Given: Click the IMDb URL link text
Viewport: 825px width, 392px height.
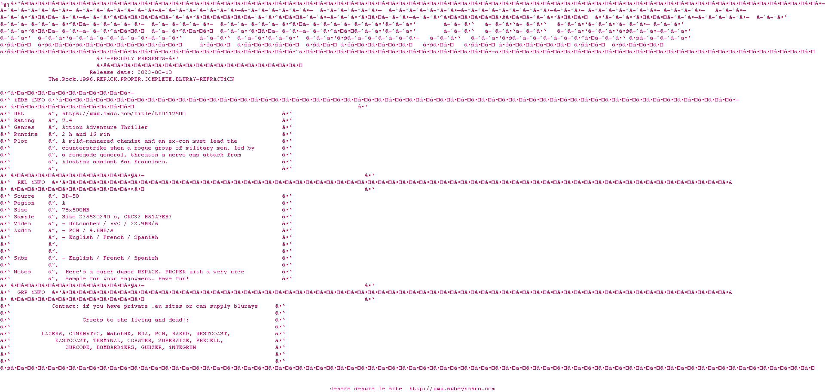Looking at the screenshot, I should pos(124,114).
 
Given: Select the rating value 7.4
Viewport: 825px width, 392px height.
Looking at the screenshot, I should pos(67,121).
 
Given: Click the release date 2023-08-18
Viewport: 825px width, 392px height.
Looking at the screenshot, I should pos(155,73).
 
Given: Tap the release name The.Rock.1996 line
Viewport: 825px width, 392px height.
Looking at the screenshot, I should pos(141,80).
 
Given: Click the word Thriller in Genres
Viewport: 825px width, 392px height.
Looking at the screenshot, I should pos(134,128).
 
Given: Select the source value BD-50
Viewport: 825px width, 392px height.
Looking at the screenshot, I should pos(70,196).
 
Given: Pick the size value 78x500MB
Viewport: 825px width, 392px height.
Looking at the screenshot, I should pos(76,210).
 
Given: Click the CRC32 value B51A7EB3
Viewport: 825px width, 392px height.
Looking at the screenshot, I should pos(158,217).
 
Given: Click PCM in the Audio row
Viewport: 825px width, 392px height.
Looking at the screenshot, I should pos(74,231).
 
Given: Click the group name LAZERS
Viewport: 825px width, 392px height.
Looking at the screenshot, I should pos(52,334).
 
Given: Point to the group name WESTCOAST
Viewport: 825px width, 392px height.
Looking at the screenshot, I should pos(213,334).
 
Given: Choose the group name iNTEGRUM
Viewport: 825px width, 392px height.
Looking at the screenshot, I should pos(182,348).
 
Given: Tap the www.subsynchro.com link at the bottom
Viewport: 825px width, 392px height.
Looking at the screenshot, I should pos(452,389).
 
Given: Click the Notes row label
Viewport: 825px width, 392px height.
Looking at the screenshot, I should pos(22,272).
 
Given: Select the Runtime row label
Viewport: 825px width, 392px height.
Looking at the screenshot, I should pos(26,135).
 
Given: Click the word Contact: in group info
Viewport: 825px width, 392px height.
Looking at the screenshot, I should pos(65,306).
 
